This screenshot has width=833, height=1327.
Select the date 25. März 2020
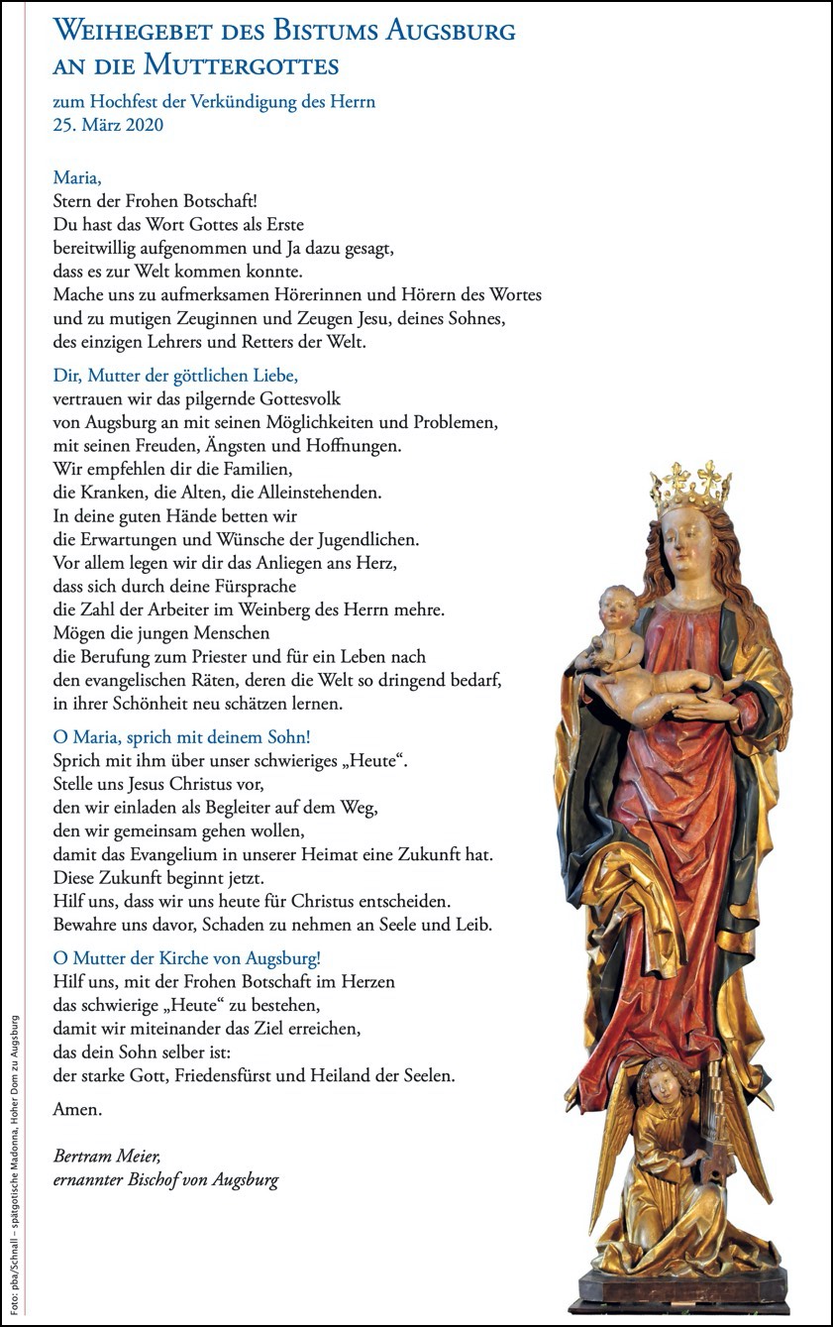click(108, 125)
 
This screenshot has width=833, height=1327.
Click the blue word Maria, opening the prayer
click(77, 178)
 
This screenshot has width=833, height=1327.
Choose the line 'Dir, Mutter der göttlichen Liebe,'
click(175, 376)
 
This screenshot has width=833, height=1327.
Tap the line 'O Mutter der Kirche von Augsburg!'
click(187, 958)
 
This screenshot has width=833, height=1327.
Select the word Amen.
click(76, 1109)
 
